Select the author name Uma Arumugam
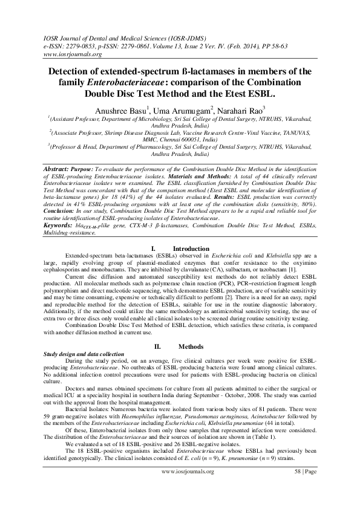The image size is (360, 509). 186,109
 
